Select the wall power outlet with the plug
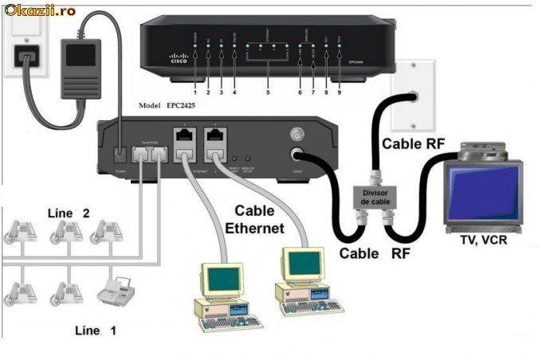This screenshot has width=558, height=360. pyautogui.click(x=24, y=56)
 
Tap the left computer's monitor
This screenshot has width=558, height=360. pyautogui.click(x=222, y=278)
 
